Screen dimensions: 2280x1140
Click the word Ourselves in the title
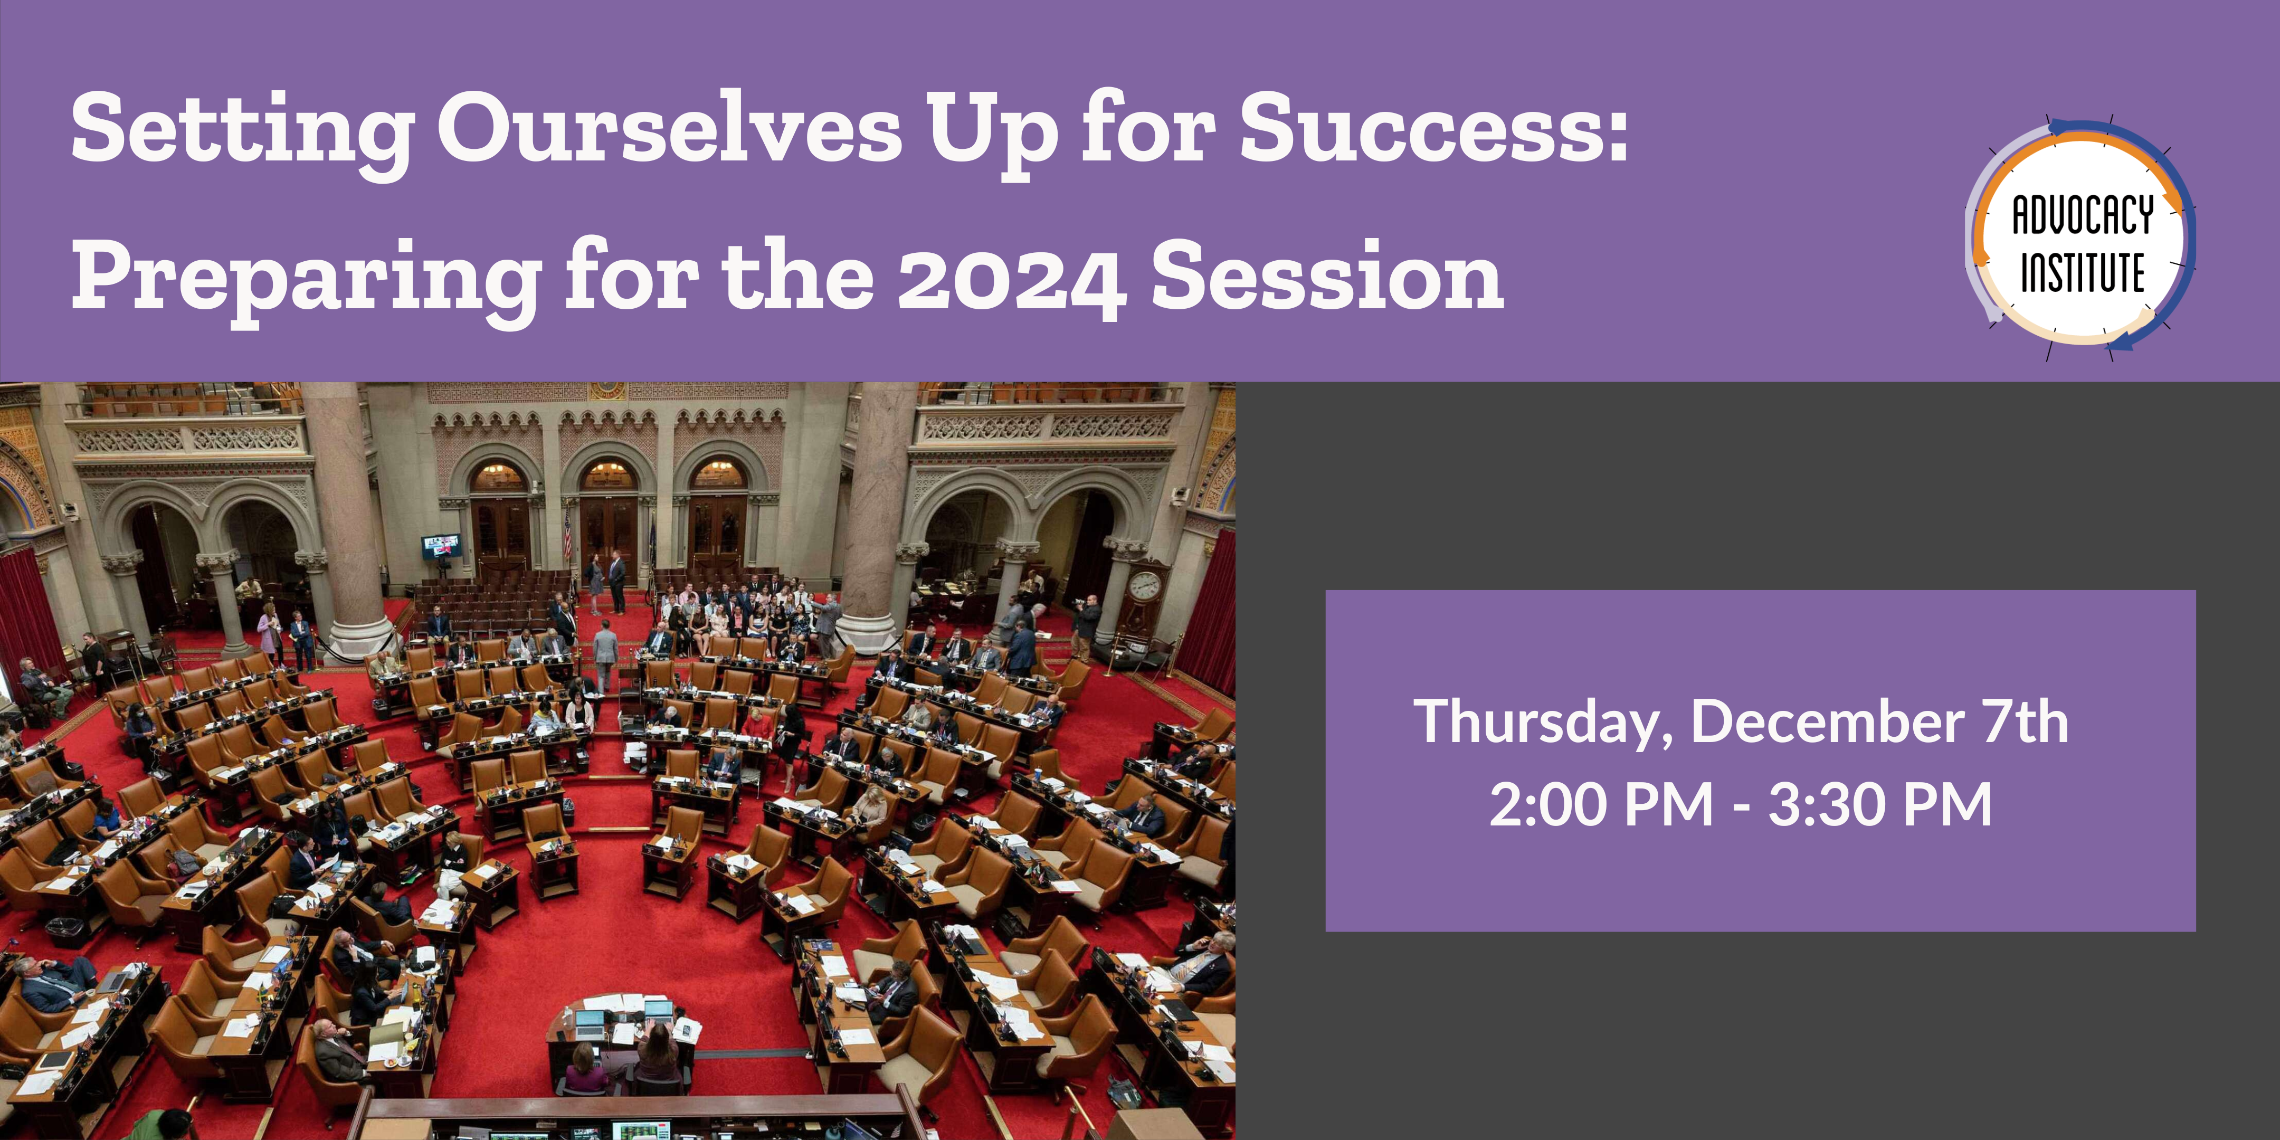point(670,131)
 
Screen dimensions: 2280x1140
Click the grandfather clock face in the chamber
point(1144,585)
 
